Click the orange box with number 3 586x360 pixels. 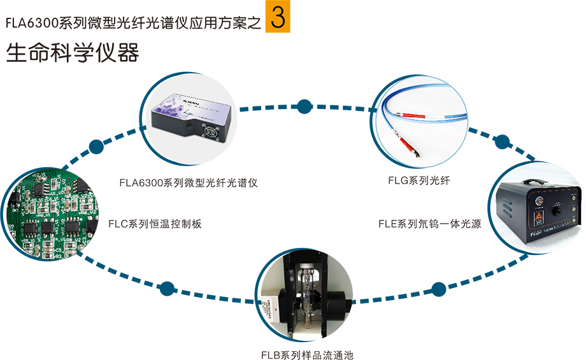[x=277, y=18]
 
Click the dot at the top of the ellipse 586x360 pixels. [x=304, y=106]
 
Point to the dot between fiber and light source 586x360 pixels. [x=502, y=141]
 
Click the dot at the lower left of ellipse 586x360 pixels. [x=167, y=289]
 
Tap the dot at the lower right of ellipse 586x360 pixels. [x=439, y=289]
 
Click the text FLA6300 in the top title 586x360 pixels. [x=30, y=24]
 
